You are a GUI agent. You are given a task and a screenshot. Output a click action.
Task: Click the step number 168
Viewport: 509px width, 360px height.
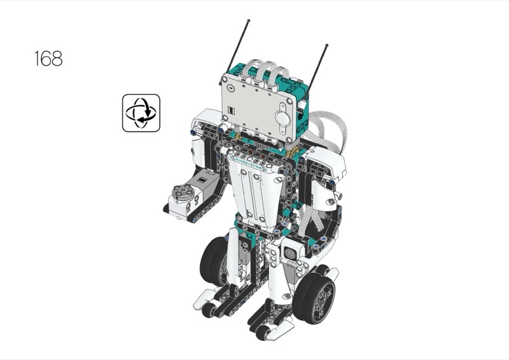(x=48, y=59)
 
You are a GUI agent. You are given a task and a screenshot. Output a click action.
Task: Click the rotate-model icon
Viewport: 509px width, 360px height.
(x=141, y=113)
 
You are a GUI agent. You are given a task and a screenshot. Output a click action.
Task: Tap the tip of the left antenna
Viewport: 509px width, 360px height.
(x=249, y=20)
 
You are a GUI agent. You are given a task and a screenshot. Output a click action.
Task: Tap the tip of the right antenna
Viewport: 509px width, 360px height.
(x=326, y=45)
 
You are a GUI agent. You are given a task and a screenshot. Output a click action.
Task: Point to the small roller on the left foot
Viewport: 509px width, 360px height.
(x=209, y=310)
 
